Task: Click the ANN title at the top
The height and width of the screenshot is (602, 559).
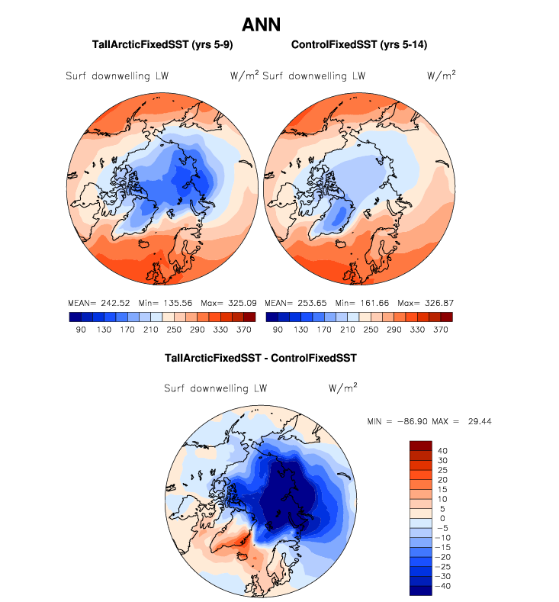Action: tap(261, 24)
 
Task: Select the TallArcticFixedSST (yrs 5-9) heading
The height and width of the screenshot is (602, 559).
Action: tap(162, 46)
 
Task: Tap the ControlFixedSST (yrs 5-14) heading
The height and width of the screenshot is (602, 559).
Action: tap(358, 46)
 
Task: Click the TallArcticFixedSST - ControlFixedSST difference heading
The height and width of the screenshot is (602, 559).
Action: tap(261, 357)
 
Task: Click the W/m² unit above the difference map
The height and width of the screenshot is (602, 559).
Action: tap(344, 387)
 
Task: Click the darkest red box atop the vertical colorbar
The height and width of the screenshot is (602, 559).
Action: tap(421, 446)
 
